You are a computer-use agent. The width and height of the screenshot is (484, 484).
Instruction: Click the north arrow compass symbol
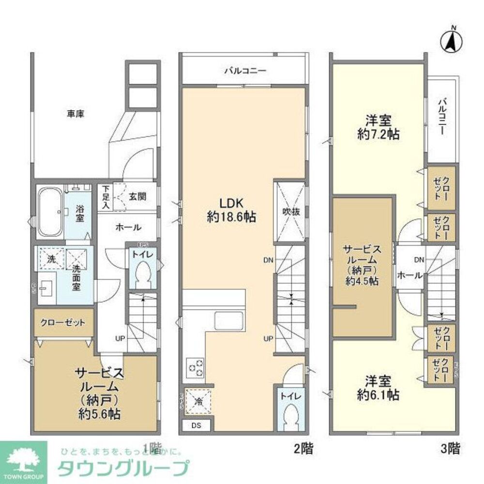pyautogui.click(x=450, y=40)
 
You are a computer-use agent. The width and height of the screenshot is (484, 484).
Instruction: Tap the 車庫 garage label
pyautogui.click(x=76, y=114)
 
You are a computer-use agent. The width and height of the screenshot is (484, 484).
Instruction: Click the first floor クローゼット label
pyautogui.click(x=63, y=322)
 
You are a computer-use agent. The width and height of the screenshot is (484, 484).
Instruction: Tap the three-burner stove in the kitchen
pyautogui.click(x=196, y=367)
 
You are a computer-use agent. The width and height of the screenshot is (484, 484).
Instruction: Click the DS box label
pyautogui.click(x=196, y=425)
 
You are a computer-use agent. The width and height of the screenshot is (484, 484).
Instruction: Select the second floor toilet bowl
pyautogui.click(x=292, y=417)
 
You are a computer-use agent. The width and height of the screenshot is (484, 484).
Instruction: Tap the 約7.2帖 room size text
pyautogui.click(x=378, y=134)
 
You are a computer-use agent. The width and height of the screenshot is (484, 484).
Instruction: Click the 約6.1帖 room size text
pyautogui.click(x=378, y=394)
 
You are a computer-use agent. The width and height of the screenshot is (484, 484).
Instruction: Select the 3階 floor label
pyautogui.click(x=450, y=448)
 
